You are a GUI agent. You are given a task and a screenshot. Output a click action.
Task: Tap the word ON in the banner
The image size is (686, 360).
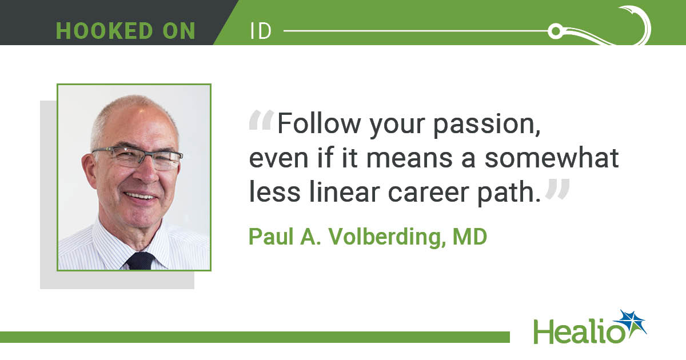coord(179,31)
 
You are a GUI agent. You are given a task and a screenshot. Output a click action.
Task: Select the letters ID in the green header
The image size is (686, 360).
coord(261,31)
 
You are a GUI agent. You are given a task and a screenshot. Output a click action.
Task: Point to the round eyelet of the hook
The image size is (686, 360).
coord(556,31)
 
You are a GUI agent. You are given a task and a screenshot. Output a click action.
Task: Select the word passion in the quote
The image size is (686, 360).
coord(486,126)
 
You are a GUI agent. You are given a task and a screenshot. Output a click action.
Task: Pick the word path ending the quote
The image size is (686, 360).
coord(509,194)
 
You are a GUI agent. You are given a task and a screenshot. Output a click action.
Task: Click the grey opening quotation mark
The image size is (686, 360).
coord(261,121)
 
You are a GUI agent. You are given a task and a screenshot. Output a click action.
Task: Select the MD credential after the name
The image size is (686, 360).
coord(470,237)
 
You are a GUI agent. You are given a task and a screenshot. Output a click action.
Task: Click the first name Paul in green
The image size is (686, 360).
coord(271,237)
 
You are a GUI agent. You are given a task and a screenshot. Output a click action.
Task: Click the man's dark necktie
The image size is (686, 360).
coord(140,261)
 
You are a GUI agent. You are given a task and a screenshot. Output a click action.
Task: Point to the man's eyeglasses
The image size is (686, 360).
coord(138,157)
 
